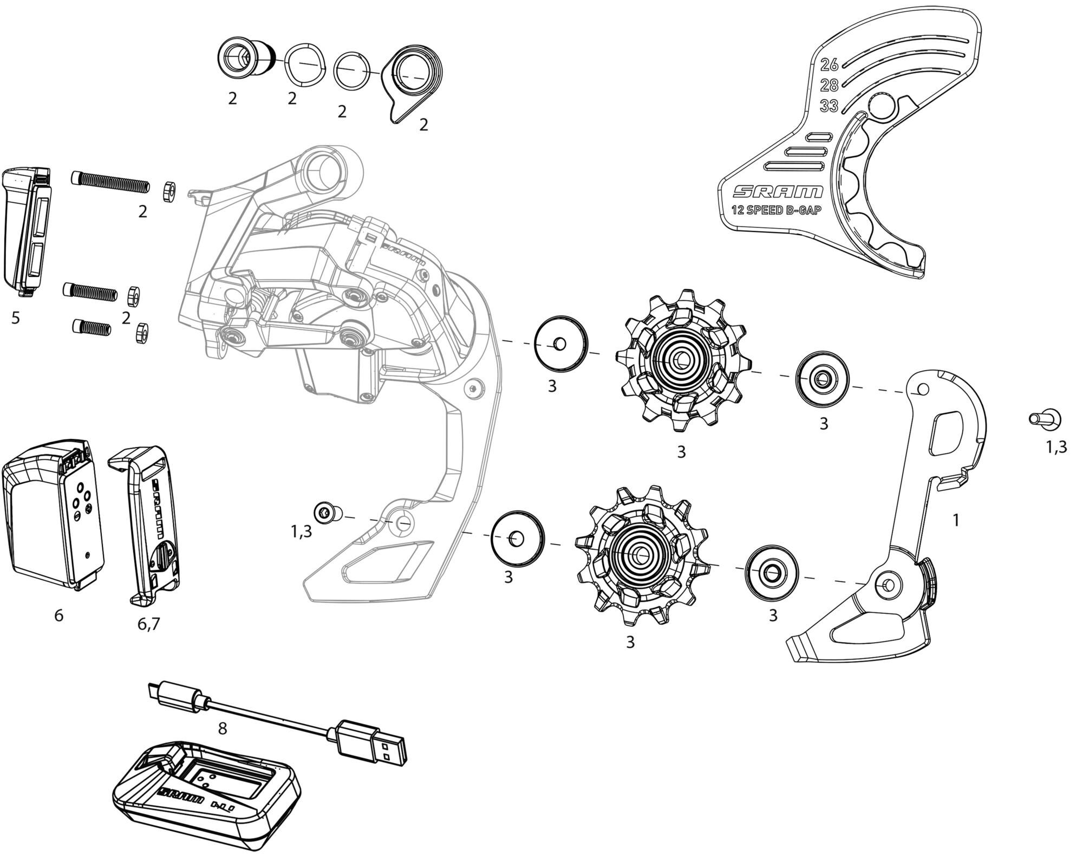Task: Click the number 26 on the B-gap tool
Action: click(x=829, y=65)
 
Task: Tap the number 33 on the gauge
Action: click(x=829, y=106)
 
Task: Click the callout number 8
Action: click(x=222, y=729)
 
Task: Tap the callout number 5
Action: click(x=16, y=318)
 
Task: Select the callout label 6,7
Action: click(x=149, y=625)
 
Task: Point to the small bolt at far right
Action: click(x=1044, y=419)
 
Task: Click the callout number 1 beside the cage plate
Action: click(x=956, y=520)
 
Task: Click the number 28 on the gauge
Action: click(x=829, y=86)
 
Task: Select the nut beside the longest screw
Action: click(x=168, y=191)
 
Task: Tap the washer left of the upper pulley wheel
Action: click(x=560, y=345)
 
